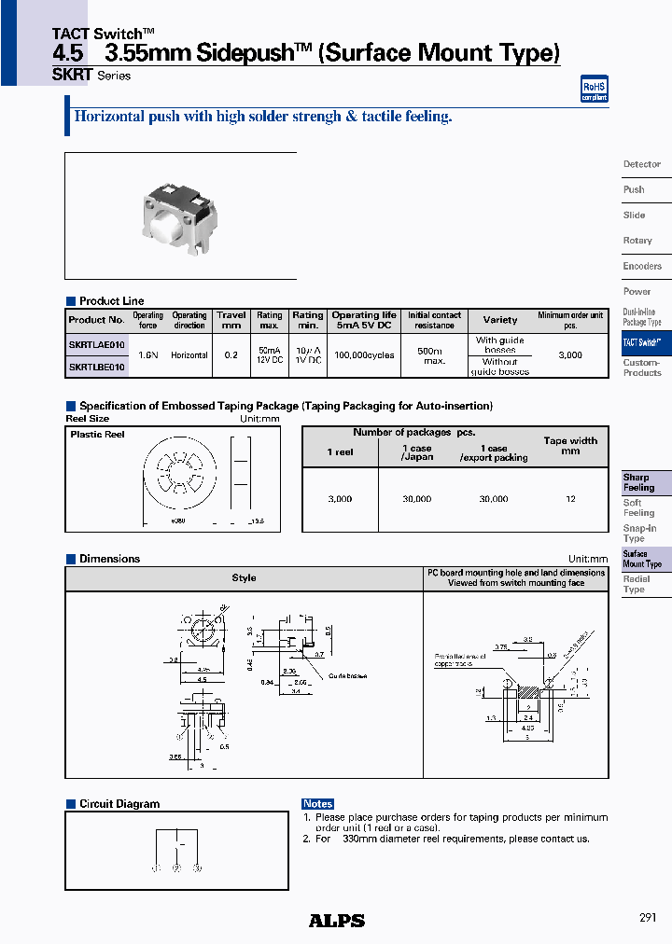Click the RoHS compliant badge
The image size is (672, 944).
[x=594, y=90]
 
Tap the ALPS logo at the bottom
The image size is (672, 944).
[x=336, y=921]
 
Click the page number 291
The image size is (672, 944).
[x=648, y=918]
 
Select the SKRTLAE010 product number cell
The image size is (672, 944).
[x=96, y=344]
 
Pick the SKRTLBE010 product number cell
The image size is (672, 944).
[x=96, y=367]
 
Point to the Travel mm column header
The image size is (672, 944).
[x=231, y=320]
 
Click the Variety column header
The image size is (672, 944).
[x=500, y=320]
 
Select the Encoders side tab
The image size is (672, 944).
[x=642, y=266]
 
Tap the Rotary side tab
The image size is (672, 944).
[x=637, y=241]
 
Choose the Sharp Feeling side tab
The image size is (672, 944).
[x=639, y=482]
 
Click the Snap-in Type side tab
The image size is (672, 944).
[x=639, y=534]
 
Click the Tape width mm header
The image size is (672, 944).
[x=570, y=446]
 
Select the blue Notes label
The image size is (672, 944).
[x=317, y=803]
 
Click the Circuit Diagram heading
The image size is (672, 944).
[x=119, y=804]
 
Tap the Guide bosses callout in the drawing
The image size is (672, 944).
[x=346, y=676]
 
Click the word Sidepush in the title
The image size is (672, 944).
[x=245, y=53]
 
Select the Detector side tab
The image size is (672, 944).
[x=641, y=164]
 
